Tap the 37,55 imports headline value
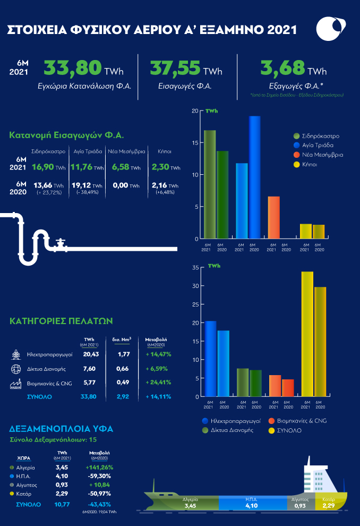coord(175,69)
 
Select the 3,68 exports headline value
coord(282,69)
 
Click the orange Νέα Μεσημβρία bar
coord(273,217)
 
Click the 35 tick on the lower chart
coord(195,267)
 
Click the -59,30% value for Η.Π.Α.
coord(98,476)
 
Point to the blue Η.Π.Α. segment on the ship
coord(251,503)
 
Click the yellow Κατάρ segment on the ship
coord(330,503)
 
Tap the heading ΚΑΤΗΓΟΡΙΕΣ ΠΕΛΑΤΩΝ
coord(61,321)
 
